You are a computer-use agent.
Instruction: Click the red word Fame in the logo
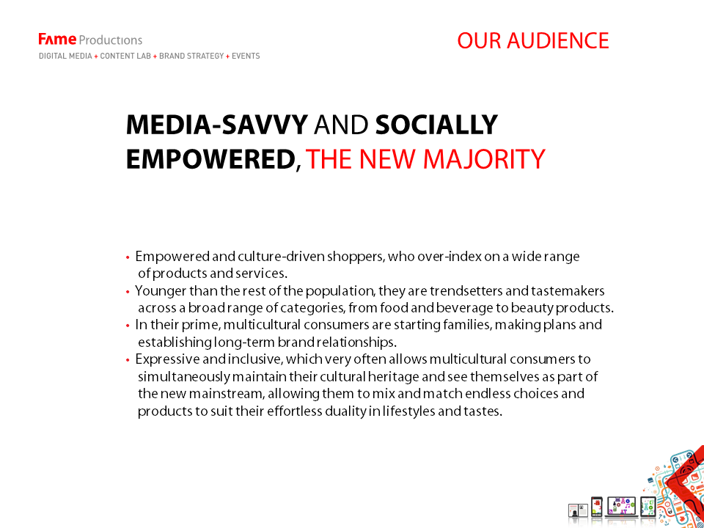[57, 40]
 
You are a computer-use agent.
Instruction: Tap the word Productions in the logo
[111, 40]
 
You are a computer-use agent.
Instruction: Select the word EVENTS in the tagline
[246, 56]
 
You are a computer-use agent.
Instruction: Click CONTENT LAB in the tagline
[125, 56]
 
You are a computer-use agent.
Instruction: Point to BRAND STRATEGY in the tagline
[191, 56]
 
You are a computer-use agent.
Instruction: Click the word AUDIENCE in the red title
[558, 40]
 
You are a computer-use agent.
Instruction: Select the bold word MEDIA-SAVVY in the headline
[217, 125]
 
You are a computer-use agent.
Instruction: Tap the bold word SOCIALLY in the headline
[436, 125]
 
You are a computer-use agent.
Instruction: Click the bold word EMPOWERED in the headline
[210, 159]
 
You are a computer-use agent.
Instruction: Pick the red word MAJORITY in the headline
[484, 159]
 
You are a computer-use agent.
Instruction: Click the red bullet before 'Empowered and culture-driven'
[128, 257]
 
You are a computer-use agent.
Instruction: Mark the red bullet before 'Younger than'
[128, 292]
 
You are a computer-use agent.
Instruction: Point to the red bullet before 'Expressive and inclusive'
[128, 360]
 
